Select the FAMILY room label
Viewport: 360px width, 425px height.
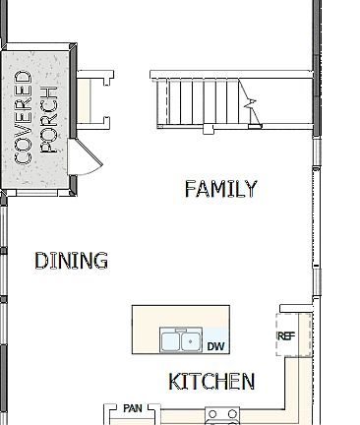[220, 189]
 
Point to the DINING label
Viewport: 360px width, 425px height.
[71, 261]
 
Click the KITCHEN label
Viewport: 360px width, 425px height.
[211, 381]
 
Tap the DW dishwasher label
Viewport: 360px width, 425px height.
[216, 346]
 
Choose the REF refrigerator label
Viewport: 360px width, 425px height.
[286, 336]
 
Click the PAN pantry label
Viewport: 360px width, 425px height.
[134, 407]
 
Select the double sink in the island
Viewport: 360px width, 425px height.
[181, 341]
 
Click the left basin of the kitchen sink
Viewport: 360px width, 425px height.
[171, 341]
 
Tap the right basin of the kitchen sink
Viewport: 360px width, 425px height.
[191, 341]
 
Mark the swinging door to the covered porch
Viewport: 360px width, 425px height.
[86, 157]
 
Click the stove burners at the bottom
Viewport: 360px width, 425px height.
[222, 414]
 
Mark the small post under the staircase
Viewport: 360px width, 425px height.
[207, 128]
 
